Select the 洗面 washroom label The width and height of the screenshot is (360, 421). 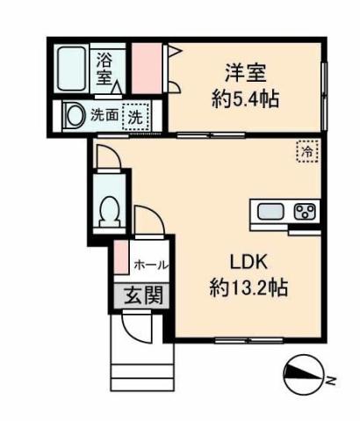click(x=107, y=114)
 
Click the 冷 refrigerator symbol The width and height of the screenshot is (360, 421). click(x=306, y=151)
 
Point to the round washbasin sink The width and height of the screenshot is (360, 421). click(x=76, y=115)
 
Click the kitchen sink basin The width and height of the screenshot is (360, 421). click(x=270, y=211)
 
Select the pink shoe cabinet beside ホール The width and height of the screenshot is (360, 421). click(x=120, y=259)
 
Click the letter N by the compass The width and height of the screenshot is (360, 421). click(x=331, y=381)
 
